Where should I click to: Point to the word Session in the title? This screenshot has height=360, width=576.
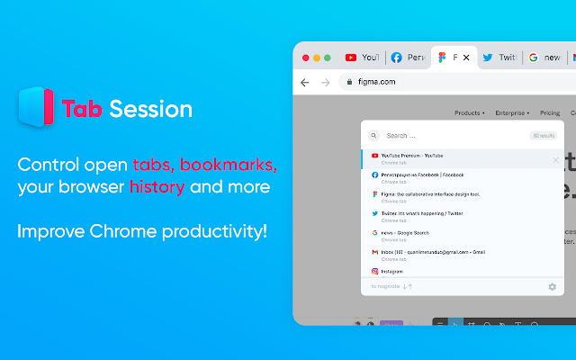[150, 110]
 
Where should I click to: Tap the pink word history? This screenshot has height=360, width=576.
[157, 187]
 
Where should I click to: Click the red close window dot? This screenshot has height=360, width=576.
[305, 58]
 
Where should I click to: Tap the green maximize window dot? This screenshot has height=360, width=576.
[328, 58]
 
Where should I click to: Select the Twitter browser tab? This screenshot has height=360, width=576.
[499, 58]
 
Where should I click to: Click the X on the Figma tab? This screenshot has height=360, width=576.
[466, 58]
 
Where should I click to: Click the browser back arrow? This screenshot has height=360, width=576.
[305, 82]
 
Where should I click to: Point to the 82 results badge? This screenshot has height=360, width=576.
[543, 136]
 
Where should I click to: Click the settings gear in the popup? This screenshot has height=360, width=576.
[552, 287]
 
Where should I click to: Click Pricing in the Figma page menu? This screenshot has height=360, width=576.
[550, 113]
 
